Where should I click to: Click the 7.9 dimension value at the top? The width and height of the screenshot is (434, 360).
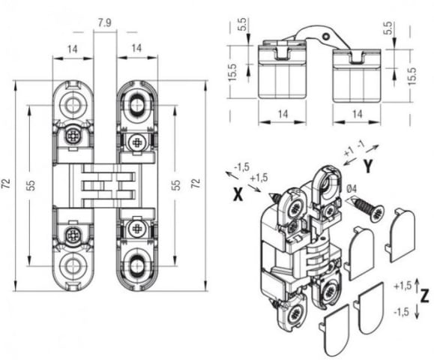coord(105,22)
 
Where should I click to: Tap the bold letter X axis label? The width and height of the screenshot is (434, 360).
coord(238,193)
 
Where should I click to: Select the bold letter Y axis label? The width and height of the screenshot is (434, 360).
coord(368,166)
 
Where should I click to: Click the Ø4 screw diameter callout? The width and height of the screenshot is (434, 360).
coord(352,189)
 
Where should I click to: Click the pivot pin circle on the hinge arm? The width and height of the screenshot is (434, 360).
coord(327,36)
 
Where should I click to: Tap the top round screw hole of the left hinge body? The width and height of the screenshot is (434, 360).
coord(73,106)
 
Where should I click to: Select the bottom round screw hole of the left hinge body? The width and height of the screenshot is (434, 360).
coord(73,265)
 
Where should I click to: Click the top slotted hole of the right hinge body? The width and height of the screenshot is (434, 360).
coord(137,106)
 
